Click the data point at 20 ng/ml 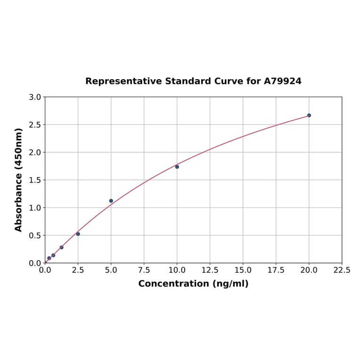pos(309,115)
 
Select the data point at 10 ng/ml pos(177,167)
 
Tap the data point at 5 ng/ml pos(111,201)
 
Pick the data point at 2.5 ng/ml pos(78,234)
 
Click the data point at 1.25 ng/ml pos(62,247)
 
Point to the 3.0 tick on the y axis pos(35,97)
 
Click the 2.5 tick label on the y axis pos(35,125)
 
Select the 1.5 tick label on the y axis pos(35,180)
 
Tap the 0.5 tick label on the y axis pos(35,236)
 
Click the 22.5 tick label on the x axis pos(342,270)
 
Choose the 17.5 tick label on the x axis pos(276,270)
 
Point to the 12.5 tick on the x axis pos(210,270)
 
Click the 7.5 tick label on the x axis pos(144,270)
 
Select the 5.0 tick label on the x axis pos(111,270)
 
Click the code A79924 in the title pos(283,81)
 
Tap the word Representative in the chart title pos(124,81)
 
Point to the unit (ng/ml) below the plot pos(231,284)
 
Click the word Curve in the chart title pos(228,81)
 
